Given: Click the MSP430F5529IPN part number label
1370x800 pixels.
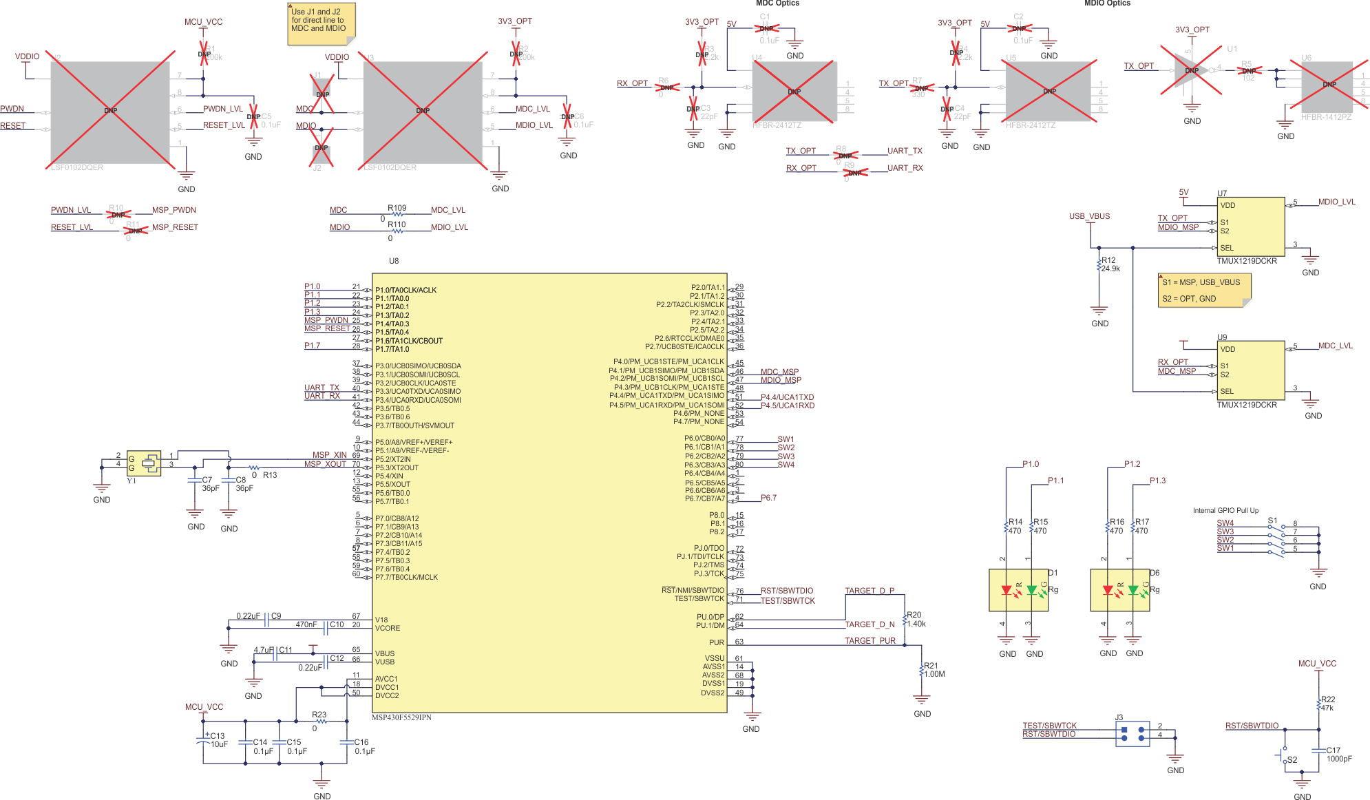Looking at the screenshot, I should [x=401, y=717].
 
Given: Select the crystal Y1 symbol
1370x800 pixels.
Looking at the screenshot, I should [x=144, y=463].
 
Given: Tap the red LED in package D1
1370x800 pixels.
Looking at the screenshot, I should [x=1007, y=590].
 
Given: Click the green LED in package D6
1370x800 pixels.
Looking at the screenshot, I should [x=1133, y=590].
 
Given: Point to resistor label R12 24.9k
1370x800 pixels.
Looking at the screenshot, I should [x=1110, y=264].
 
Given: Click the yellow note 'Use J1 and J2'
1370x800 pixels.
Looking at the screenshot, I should [x=321, y=23].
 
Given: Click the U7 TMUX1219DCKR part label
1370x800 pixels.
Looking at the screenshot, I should [x=1246, y=261].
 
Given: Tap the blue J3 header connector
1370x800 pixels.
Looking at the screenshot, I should [x=1132, y=734].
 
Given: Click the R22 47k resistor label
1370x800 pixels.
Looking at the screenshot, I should [x=1327, y=703].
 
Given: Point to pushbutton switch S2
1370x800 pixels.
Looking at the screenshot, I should [x=1285, y=755].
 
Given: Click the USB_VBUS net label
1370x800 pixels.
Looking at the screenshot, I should [x=1089, y=216].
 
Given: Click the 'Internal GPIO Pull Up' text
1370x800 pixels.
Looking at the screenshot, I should [x=1225, y=510].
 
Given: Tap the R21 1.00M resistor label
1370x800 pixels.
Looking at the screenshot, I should [x=934, y=670].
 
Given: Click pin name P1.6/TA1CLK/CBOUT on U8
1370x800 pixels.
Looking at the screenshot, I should [x=409, y=341].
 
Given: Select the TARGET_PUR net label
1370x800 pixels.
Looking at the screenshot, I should [x=870, y=641].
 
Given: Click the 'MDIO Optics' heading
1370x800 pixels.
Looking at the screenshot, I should [x=1107, y=3].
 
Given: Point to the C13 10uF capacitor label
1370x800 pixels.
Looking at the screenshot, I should [x=218, y=740].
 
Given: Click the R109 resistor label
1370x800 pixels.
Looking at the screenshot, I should [x=397, y=208].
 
